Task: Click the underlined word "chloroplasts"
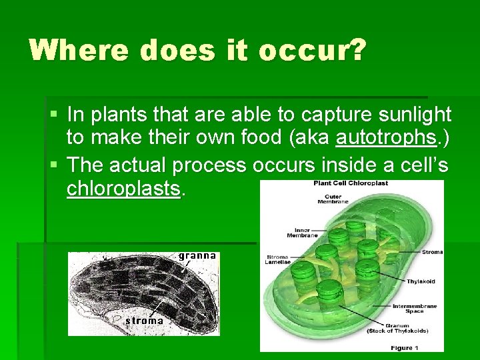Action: pos(124,189)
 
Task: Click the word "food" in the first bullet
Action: pos(267,138)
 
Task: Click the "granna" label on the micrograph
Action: pos(197,255)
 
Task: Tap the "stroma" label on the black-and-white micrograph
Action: pos(144,321)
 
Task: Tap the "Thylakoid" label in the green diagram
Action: pos(421,281)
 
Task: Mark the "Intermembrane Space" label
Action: pos(413,309)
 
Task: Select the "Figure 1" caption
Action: pos(405,347)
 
